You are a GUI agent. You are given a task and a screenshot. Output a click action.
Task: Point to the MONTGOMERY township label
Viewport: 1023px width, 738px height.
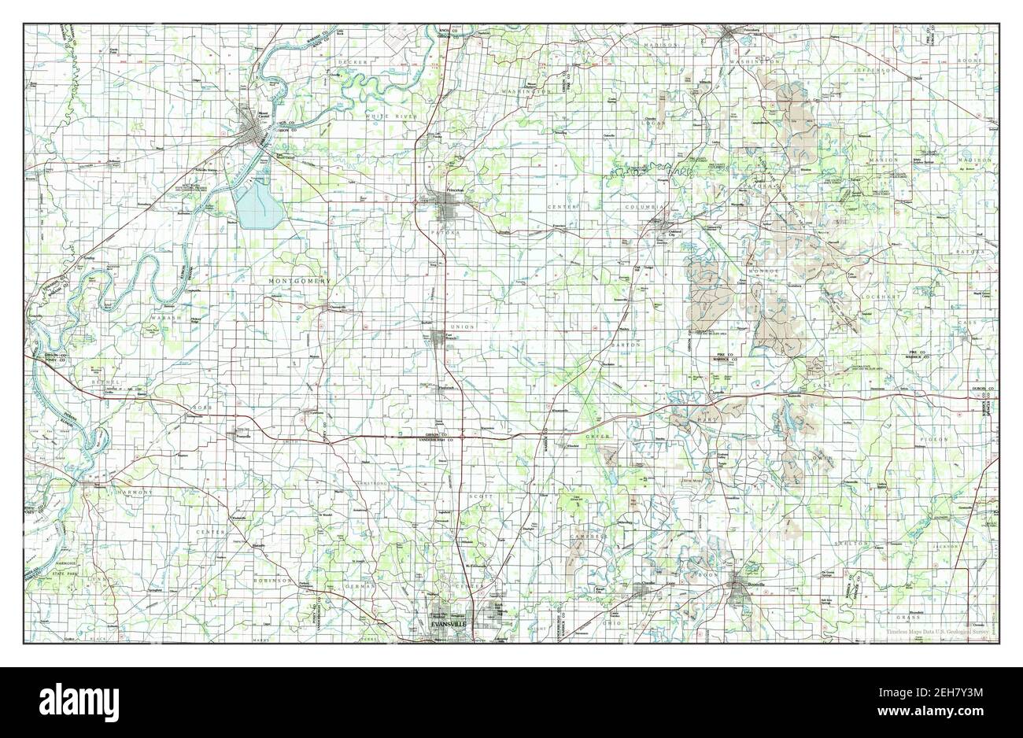pyautogui.click(x=300, y=281)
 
